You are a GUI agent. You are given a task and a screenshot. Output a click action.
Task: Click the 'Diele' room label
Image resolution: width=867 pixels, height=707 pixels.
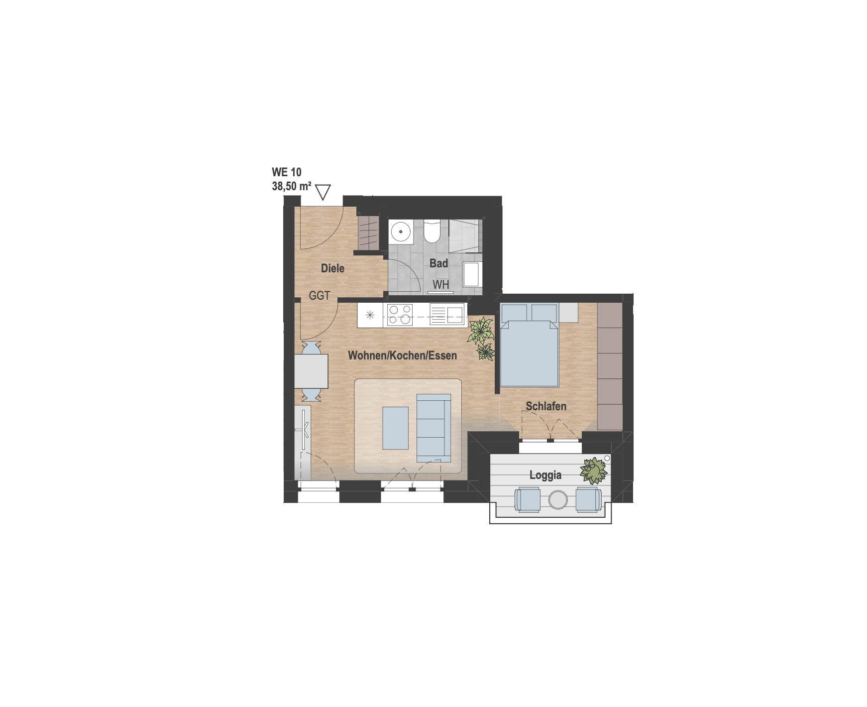[x=332, y=268]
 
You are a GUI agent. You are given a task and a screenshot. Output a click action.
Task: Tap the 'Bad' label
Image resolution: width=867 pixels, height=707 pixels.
[x=438, y=263]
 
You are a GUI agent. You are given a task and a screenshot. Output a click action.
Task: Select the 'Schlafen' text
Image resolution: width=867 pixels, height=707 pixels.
[x=546, y=406]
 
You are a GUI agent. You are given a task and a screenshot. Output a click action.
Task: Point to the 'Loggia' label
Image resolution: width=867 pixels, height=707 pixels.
[x=545, y=475]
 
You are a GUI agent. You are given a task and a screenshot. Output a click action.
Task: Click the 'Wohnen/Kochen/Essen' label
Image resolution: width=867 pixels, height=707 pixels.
[x=402, y=355]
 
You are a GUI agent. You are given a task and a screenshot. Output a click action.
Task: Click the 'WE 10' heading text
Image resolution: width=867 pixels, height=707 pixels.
[x=287, y=172]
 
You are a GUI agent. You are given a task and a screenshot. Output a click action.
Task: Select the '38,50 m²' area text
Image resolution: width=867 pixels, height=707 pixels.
[x=292, y=186]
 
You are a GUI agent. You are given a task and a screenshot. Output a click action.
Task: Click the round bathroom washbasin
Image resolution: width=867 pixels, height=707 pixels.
[x=401, y=232]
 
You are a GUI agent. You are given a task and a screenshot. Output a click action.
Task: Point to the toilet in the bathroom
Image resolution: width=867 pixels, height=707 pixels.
[x=432, y=232]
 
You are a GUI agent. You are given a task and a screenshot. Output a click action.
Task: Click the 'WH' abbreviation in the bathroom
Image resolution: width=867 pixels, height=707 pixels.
[x=441, y=285]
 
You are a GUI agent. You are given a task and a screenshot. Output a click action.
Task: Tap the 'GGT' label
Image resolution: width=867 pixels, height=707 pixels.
[x=319, y=296]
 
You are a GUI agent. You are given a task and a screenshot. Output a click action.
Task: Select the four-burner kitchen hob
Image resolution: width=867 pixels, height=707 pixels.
[x=400, y=315]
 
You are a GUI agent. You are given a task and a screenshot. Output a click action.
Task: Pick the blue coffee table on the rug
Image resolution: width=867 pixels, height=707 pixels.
[x=395, y=428]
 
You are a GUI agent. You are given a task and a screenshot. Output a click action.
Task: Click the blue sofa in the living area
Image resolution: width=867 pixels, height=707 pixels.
[x=433, y=428]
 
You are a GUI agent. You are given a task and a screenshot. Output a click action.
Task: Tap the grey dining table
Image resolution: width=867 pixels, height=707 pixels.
[x=311, y=371]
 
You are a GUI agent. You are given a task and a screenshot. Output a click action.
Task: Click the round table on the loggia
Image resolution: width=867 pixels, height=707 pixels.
[x=558, y=499]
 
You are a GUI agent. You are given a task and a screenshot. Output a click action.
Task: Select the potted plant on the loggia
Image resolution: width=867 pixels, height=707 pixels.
[x=594, y=471]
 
